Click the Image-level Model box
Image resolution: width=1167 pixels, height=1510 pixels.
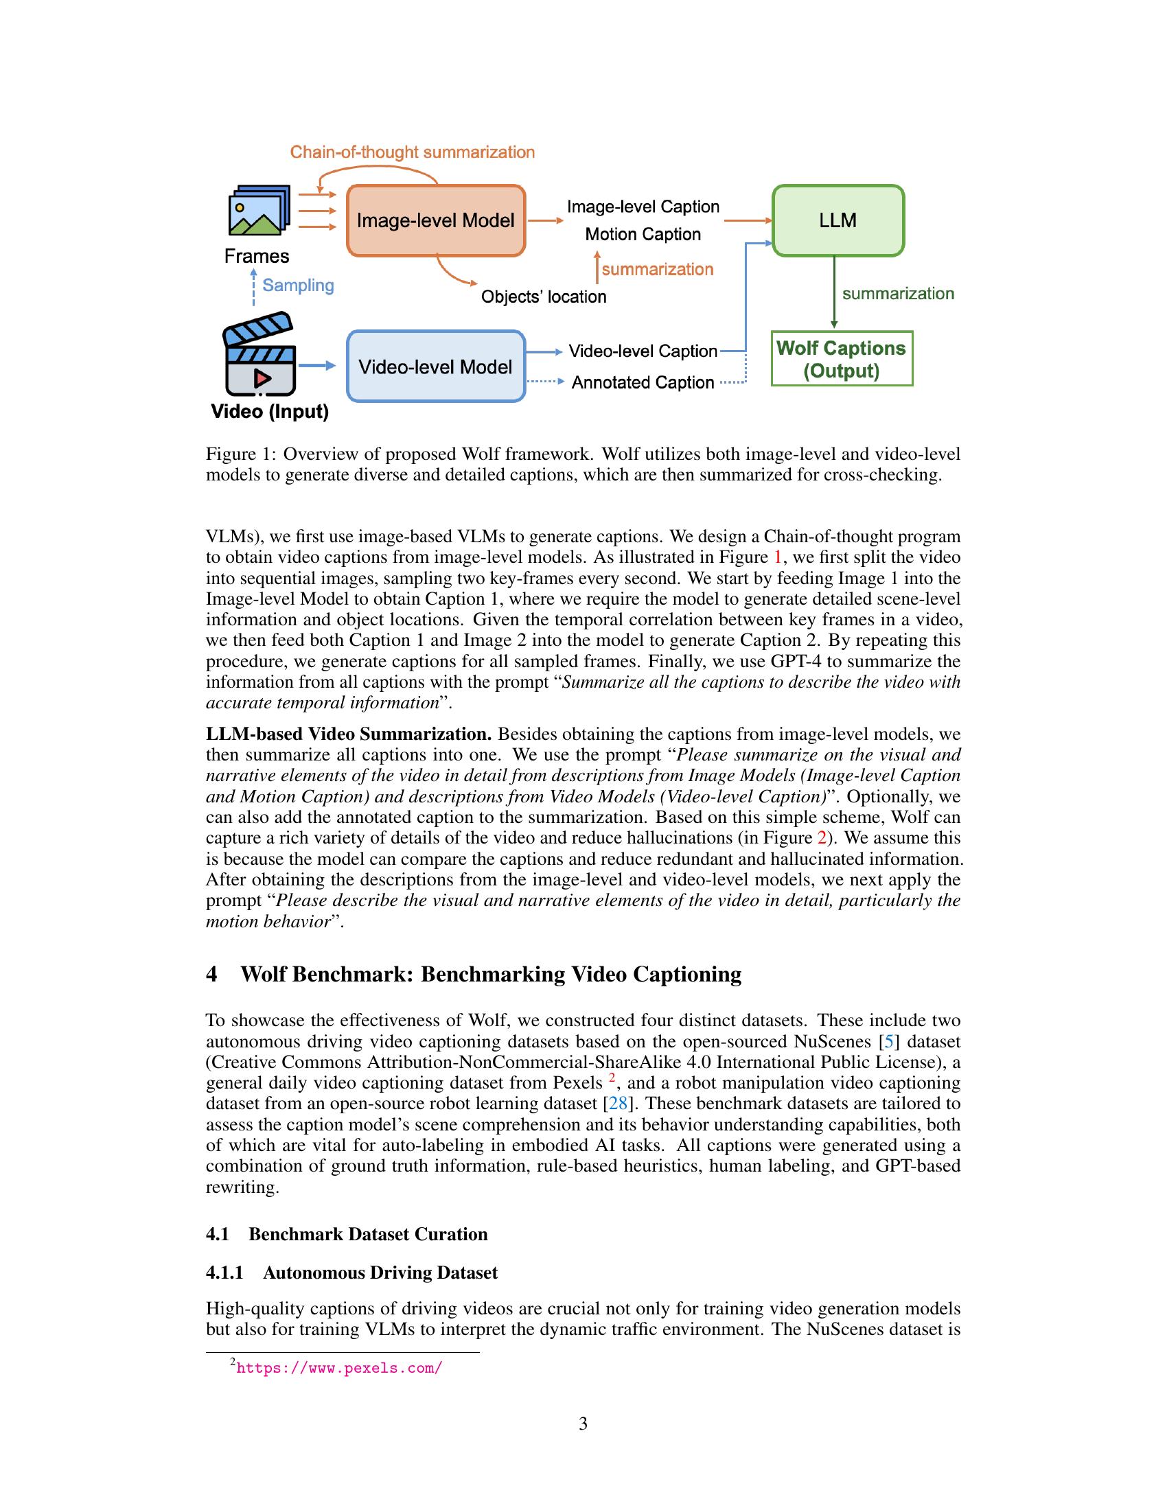click(435, 220)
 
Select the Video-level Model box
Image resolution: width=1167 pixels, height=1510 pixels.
click(435, 367)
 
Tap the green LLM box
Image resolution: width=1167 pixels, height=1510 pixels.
click(837, 220)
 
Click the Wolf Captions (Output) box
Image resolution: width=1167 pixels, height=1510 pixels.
click(841, 359)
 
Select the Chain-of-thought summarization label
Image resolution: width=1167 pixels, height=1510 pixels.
click(412, 152)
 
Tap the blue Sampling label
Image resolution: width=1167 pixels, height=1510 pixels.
click(298, 285)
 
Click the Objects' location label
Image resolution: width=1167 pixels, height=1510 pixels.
click(544, 297)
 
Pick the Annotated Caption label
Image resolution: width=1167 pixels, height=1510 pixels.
click(643, 382)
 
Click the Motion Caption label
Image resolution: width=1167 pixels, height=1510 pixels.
click(643, 234)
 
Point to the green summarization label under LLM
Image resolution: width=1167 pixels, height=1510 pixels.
click(897, 293)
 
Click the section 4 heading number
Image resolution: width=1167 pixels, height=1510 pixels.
click(211, 974)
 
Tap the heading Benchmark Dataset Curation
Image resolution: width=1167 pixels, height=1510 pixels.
click(368, 1234)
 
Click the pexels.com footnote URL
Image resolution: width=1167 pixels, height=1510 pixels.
click(338, 1367)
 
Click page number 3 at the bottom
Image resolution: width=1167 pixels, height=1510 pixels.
click(583, 1424)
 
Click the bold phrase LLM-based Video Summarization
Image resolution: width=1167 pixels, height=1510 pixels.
click(349, 734)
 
